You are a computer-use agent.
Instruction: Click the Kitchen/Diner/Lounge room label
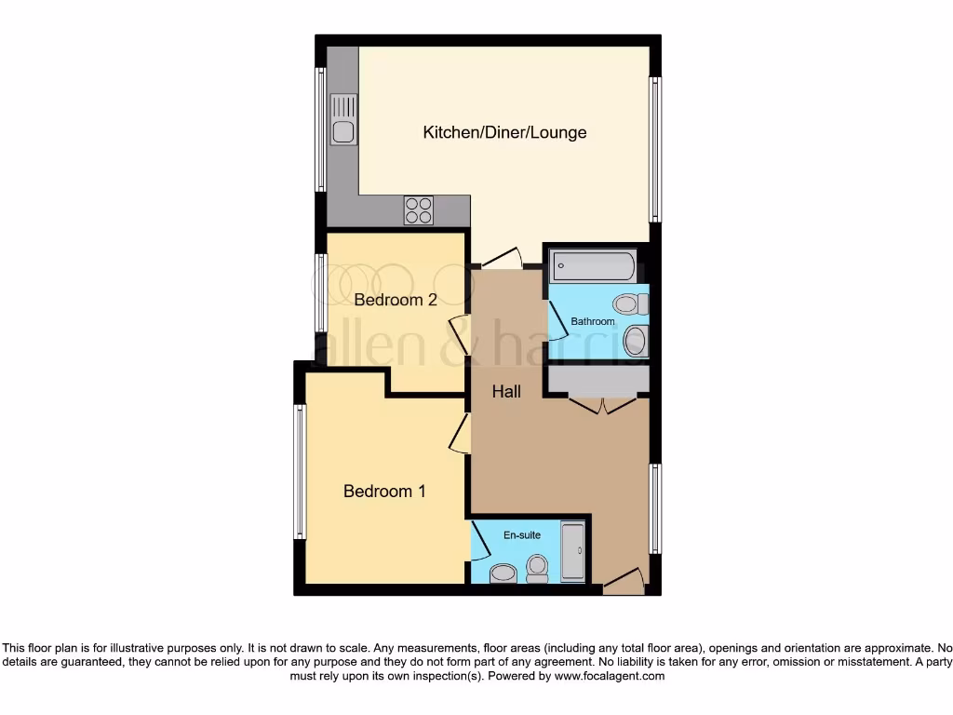tap(504, 132)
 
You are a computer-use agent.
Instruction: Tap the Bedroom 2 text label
tap(396, 300)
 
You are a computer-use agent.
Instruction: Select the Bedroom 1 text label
tap(384, 491)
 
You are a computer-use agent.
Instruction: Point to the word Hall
tap(506, 392)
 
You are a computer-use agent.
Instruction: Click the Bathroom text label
tap(593, 322)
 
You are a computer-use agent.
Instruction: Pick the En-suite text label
tap(522, 535)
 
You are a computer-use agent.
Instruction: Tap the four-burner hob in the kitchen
tap(418, 210)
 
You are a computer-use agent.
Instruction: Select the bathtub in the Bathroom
tap(593, 265)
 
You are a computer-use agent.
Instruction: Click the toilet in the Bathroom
tap(631, 304)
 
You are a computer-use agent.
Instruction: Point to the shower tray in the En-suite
tap(573, 552)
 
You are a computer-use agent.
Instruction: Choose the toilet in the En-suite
tap(537, 569)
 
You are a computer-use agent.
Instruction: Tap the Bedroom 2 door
tap(459, 333)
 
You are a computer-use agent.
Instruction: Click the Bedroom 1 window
tap(300, 472)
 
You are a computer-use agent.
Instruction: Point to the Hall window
tap(655, 507)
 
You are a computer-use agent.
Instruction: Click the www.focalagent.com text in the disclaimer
tap(609, 677)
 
